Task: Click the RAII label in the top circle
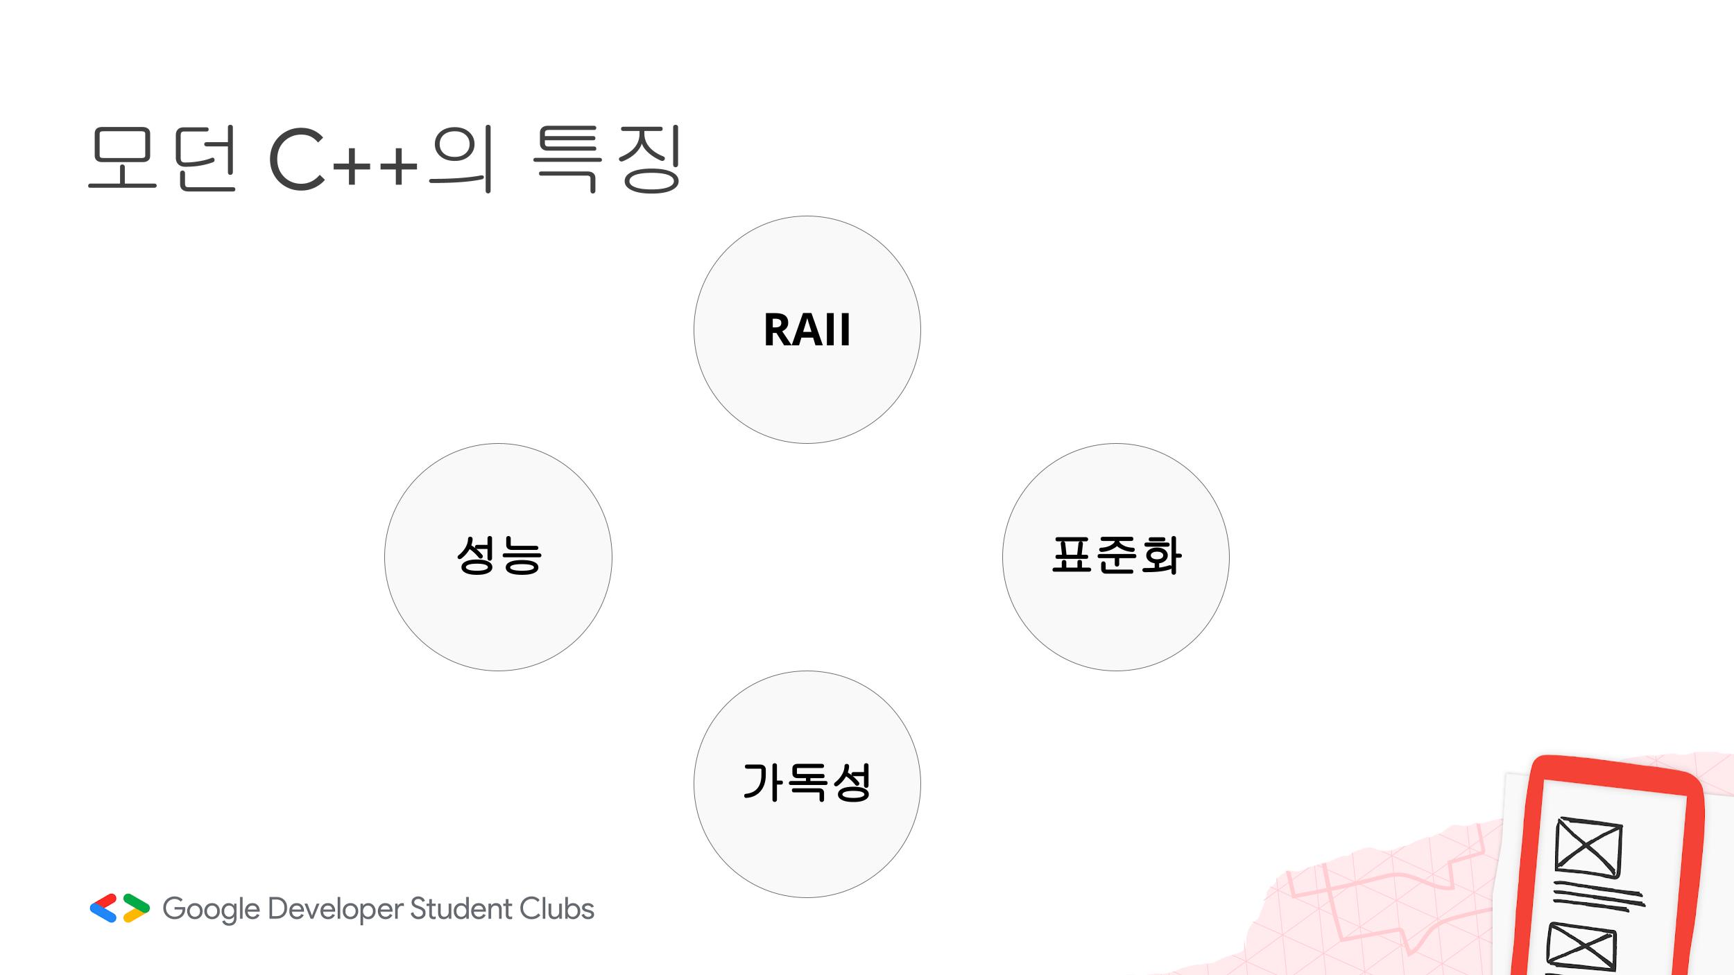coord(807,330)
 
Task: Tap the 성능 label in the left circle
coord(499,555)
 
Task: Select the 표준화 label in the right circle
coord(1116,555)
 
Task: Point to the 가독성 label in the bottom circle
coord(807,782)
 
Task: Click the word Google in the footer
coord(211,909)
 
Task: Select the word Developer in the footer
coord(336,909)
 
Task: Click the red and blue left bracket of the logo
coord(103,908)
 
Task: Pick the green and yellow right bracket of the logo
coord(136,908)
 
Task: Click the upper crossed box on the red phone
coord(1588,847)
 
